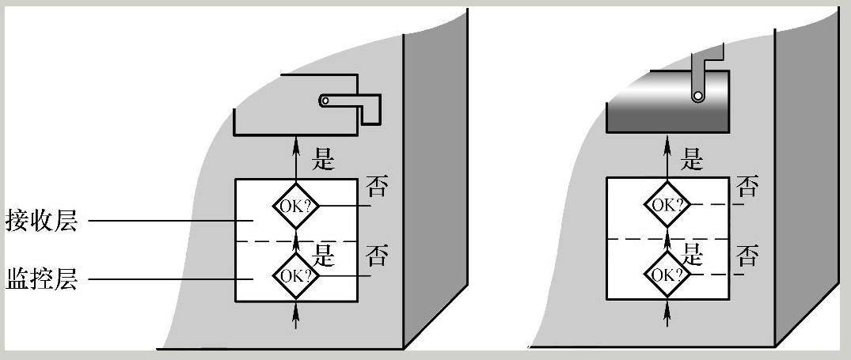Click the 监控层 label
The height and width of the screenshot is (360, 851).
(x=42, y=279)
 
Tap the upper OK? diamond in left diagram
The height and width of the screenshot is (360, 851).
(x=296, y=206)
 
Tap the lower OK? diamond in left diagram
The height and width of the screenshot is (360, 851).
(x=296, y=275)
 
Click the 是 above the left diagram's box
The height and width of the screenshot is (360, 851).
(x=325, y=158)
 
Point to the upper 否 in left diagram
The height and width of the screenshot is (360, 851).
(x=377, y=188)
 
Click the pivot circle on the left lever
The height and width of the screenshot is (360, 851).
(x=325, y=100)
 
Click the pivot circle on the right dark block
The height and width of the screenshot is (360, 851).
(x=698, y=96)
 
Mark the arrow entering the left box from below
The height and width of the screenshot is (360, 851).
(x=297, y=315)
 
